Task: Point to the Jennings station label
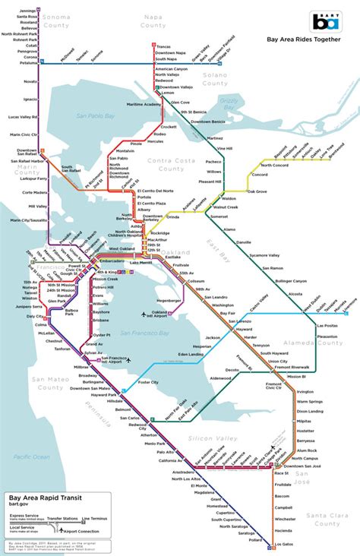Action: click(x=29, y=9)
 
